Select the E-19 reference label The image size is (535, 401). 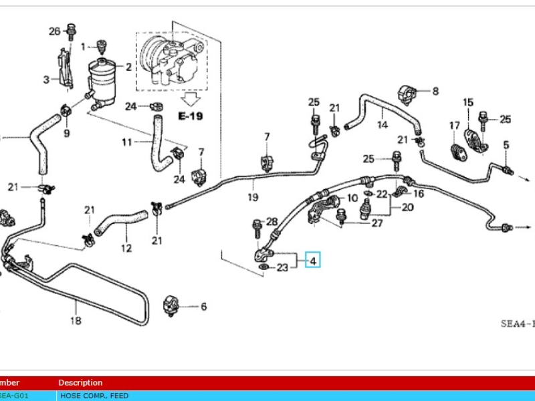pyautogui.click(x=190, y=116)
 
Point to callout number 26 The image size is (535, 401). pyautogui.click(x=55, y=31)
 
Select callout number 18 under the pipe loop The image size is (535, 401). pyautogui.click(x=76, y=321)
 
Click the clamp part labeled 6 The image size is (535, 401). pyautogui.click(x=173, y=306)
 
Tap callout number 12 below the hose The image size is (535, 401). pyautogui.click(x=126, y=249)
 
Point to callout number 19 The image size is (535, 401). pyautogui.click(x=253, y=197)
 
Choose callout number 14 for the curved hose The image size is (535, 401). pyautogui.click(x=382, y=124)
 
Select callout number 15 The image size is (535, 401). pyautogui.click(x=468, y=102)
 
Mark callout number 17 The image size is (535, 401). pyautogui.click(x=455, y=125)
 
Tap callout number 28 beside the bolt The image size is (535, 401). pyautogui.click(x=272, y=221)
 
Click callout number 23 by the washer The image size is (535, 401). pyautogui.click(x=282, y=268)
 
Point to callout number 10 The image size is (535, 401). pyautogui.click(x=353, y=198)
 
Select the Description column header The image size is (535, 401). pyautogui.click(x=80, y=383)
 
